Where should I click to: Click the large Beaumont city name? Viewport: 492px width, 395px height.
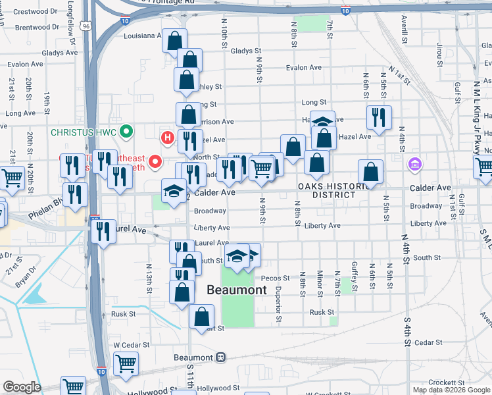tap(237, 290)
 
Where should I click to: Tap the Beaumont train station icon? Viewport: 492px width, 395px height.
tap(221, 357)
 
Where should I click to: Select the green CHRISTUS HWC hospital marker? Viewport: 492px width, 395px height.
tap(128, 131)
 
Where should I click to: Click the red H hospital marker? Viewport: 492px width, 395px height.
tap(168, 138)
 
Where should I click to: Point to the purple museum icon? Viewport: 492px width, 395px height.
tap(414, 163)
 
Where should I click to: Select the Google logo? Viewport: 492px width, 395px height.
tap(22, 388)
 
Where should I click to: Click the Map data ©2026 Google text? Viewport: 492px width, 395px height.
tap(451, 390)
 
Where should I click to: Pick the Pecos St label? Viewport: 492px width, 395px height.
tap(275, 278)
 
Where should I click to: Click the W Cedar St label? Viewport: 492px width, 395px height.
tap(128, 344)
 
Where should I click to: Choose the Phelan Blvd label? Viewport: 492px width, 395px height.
tap(45, 215)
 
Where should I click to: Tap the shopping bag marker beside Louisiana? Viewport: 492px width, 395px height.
tap(174, 41)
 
